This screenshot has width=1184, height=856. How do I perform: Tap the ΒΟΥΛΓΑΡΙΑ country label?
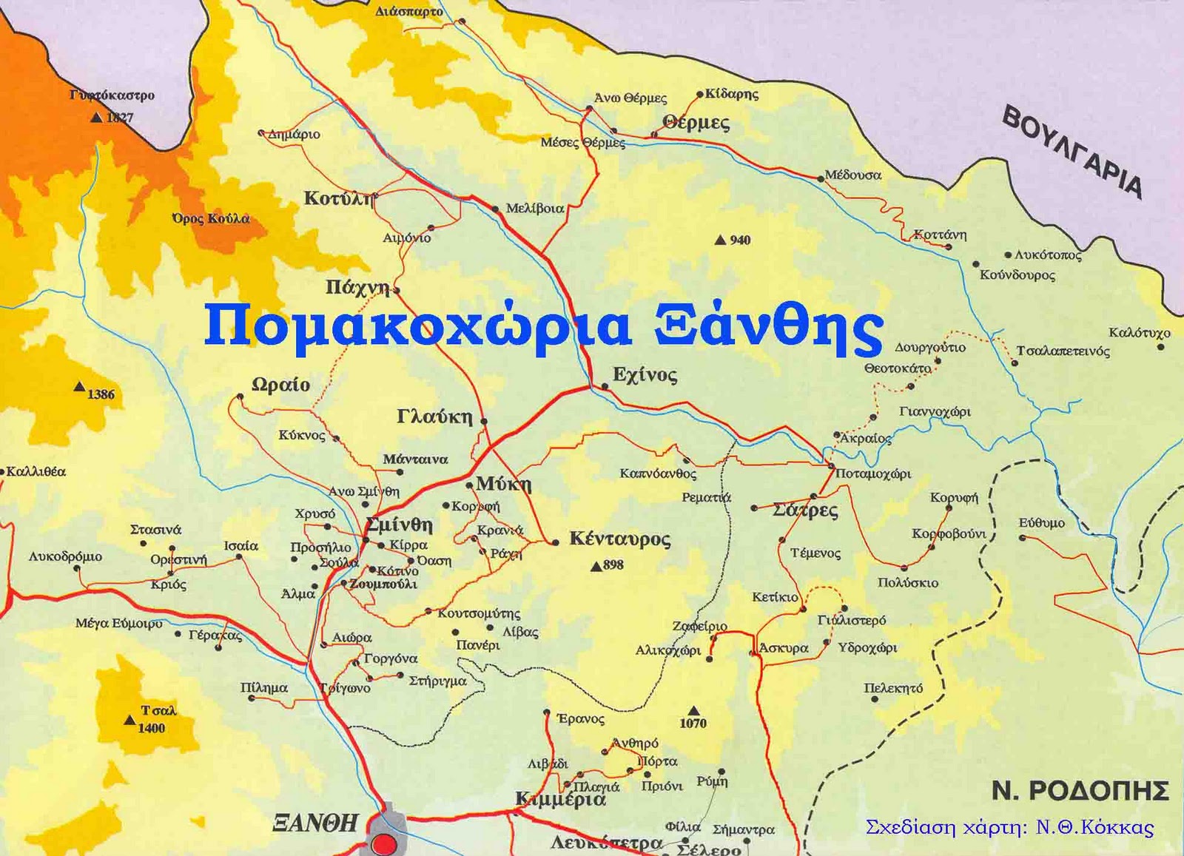point(1072,152)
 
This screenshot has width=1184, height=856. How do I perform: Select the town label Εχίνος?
point(645,375)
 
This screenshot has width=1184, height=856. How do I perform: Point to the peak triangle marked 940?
point(720,240)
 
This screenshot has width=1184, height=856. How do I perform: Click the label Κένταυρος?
point(619,539)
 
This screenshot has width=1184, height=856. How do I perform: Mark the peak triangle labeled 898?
point(596,567)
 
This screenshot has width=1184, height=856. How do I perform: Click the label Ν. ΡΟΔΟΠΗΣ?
point(1080,791)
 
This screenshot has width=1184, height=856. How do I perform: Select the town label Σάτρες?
point(805,510)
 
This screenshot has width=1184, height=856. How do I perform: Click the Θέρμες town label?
point(696,123)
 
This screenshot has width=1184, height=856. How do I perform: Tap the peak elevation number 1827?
point(120,117)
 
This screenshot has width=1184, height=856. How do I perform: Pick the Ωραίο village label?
point(280,385)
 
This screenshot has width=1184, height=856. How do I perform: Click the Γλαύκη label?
point(434,417)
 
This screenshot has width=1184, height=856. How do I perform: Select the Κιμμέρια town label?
point(560,800)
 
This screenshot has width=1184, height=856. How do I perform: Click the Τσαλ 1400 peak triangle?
point(130,719)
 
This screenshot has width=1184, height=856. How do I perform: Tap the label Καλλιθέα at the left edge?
point(36,471)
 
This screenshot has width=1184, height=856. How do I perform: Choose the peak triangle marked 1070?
point(693,710)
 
